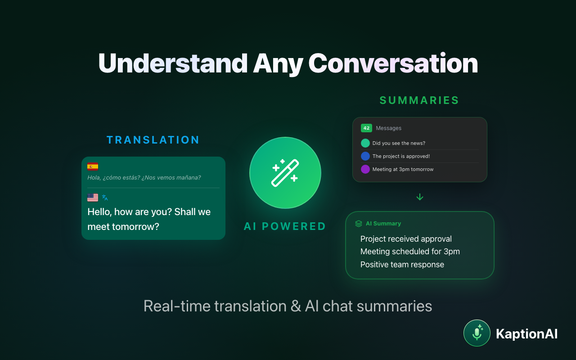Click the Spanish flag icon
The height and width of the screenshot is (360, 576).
93,166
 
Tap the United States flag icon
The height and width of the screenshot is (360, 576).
93,198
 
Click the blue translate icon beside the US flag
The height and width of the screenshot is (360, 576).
105,198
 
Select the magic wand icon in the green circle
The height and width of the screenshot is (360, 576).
285,173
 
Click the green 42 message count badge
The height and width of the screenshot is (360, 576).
366,128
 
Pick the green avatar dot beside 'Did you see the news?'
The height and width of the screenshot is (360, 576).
365,143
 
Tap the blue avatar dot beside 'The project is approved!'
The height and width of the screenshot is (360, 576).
365,156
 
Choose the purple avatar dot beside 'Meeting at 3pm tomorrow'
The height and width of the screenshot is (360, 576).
365,169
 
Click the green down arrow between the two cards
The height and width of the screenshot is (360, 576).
420,197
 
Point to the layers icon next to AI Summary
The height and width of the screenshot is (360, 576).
359,224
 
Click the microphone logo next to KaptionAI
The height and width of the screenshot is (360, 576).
477,333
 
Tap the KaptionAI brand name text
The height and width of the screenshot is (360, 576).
526,334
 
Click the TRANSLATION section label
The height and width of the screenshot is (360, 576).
153,140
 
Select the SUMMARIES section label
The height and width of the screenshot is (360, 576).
419,100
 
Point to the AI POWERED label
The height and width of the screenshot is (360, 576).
285,226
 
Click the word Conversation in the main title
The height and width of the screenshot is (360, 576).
393,63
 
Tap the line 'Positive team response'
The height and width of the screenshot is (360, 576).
402,265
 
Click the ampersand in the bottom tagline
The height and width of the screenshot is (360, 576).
296,306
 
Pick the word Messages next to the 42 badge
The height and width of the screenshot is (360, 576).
389,128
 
